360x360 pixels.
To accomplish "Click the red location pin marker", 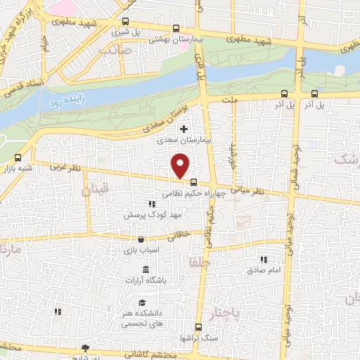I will point(181,167).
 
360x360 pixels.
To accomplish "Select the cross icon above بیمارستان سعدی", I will point(184,129).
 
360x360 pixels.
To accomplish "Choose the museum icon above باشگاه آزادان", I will point(145,271).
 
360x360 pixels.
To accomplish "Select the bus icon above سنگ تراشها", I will point(199,327).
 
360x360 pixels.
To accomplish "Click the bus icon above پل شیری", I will point(125,22).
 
